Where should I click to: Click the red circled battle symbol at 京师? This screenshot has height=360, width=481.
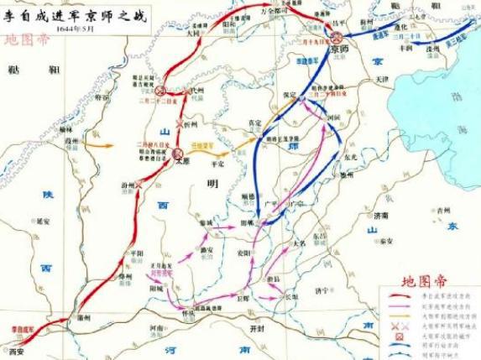click(337, 38)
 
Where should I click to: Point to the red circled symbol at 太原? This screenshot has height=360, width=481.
click(179, 154)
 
